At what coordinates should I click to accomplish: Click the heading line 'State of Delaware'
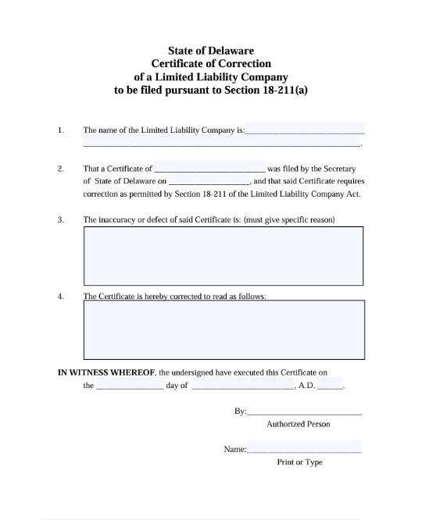pyautogui.click(x=211, y=51)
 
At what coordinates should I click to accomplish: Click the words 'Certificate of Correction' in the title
pyautogui.click(x=211, y=63)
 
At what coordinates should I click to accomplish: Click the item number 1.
pyautogui.click(x=60, y=130)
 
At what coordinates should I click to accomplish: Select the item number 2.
pyautogui.click(x=60, y=168)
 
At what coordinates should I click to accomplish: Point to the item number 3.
pyautogui.click(x=60, y=219)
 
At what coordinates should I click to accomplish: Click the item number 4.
pyautogui.click(x=60, y=296)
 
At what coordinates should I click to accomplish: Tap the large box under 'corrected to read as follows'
pyautogui.click(x=224, y=329)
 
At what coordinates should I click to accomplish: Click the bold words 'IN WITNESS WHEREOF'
pyautogui.click(x=107, y=372)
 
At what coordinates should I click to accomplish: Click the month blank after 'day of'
pyautogui.click(x=242, y=386)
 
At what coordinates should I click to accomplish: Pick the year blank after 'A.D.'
pyautogui.click(x=330, y=386)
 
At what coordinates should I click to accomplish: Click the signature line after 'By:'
pyautogui.click(x=305, y=410)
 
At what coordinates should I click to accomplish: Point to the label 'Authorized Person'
pyautogui.click(x=299, y=424)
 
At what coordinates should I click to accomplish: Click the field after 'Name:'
pyautogui.click(x=305, y=449)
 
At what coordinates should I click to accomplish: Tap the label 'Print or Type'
pyautogui.click(x=299, y=462)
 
